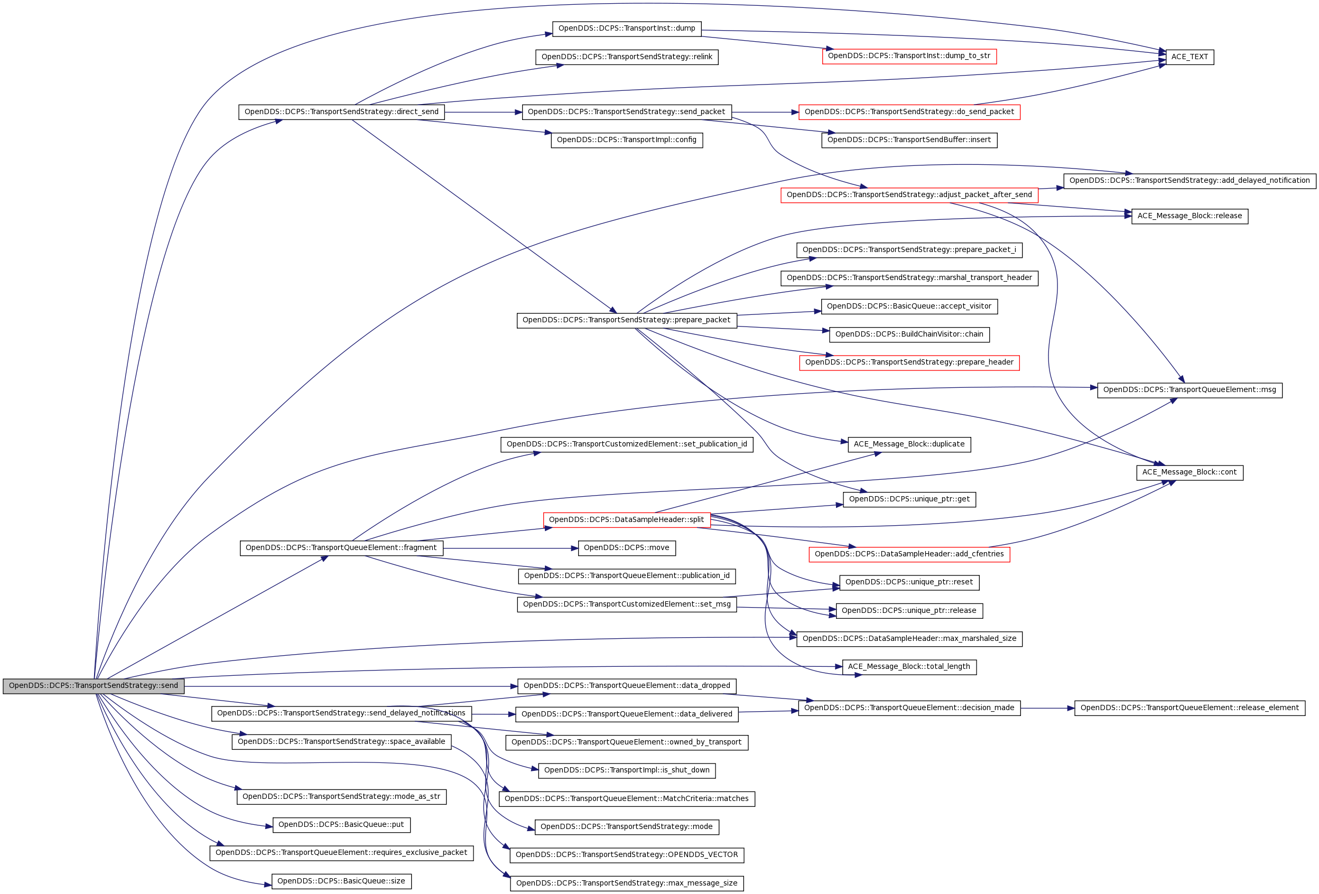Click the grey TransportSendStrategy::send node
coord(93,686)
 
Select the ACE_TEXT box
coord(1189,57)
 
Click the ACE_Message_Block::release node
coord(1189,216)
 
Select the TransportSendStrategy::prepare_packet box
coord(626,320)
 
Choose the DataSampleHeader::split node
coord(626,520)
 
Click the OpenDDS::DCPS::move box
coord(626,548)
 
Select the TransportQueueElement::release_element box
coord(1189,709)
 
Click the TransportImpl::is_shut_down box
coord(626,770)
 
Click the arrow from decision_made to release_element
coord(1047,709)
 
